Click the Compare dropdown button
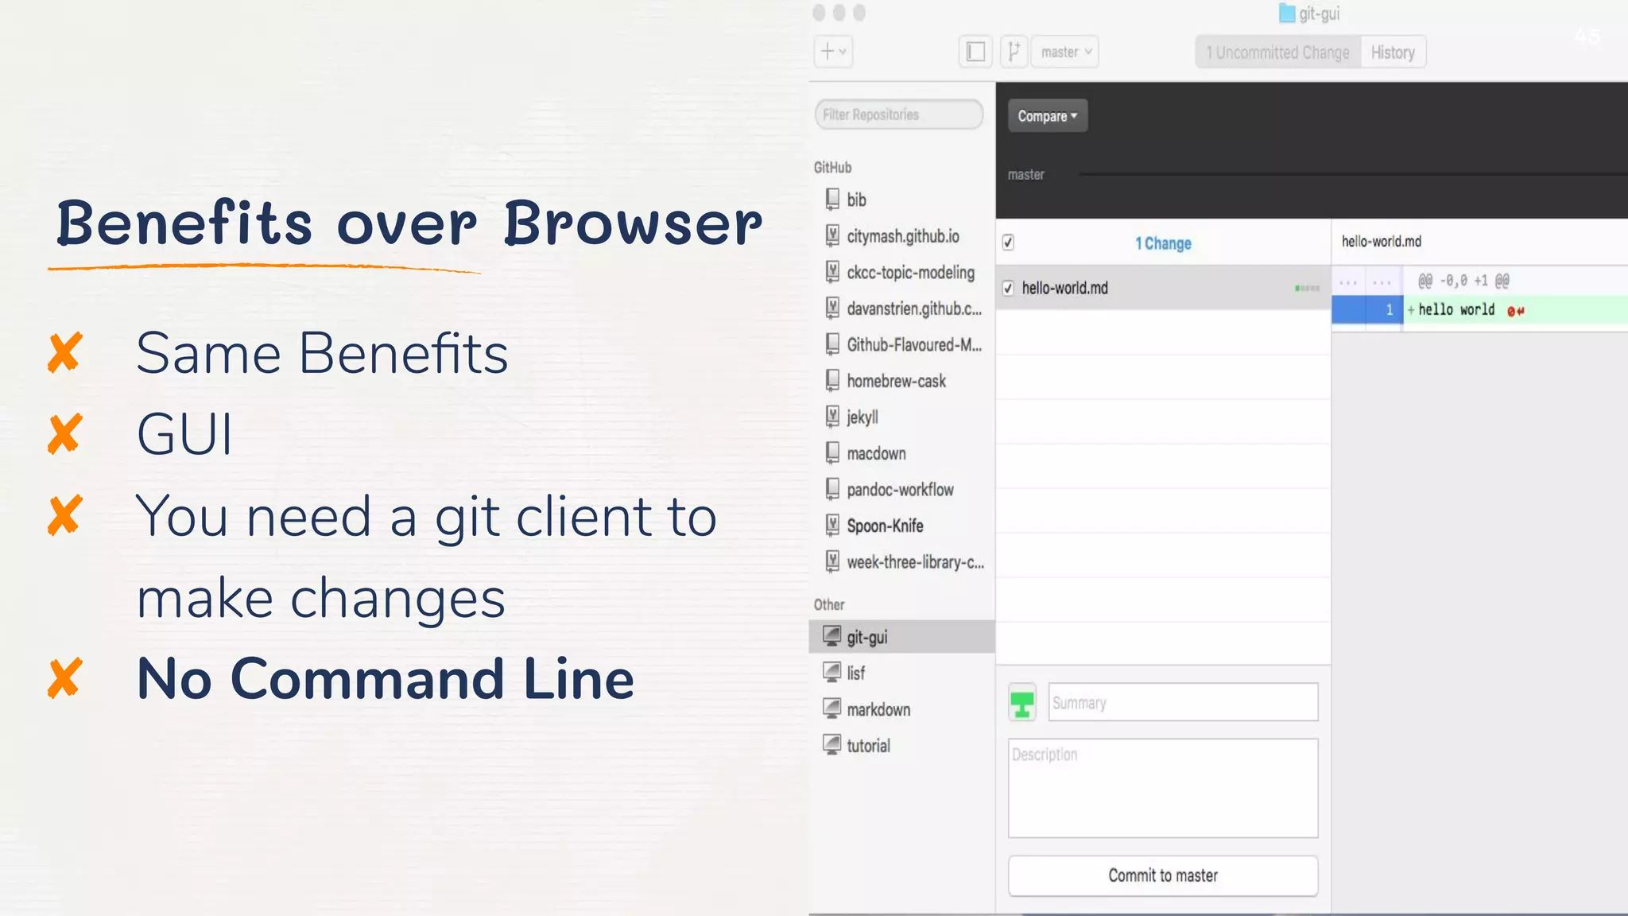coord(1047,116)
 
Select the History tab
coord(1393,52)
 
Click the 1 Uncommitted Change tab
coord(1277,52)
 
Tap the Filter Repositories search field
coord(898,114)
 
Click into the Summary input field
coord(1182,702)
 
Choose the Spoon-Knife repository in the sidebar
coord(885,526)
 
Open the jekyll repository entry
coord(862,417)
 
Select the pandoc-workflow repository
coord(900,490)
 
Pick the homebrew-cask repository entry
coord(896,381)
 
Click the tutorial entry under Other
coord(868,746)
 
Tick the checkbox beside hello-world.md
coord(1008,288)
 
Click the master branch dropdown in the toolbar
coord(1065,52)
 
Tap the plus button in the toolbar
coord(832,52)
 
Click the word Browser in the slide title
coord(633,223)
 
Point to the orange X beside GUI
coord(64,434)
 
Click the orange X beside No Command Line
coord(64,678)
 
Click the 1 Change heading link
coord(1163,243)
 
